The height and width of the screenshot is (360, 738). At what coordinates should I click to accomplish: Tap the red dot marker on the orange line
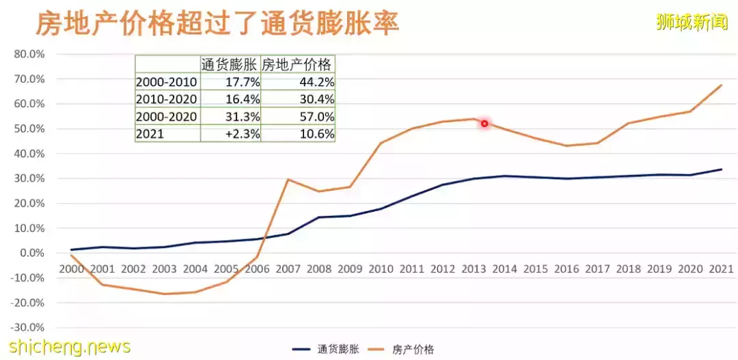click(484, 124)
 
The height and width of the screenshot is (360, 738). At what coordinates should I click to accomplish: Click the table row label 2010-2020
click(167, 99)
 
